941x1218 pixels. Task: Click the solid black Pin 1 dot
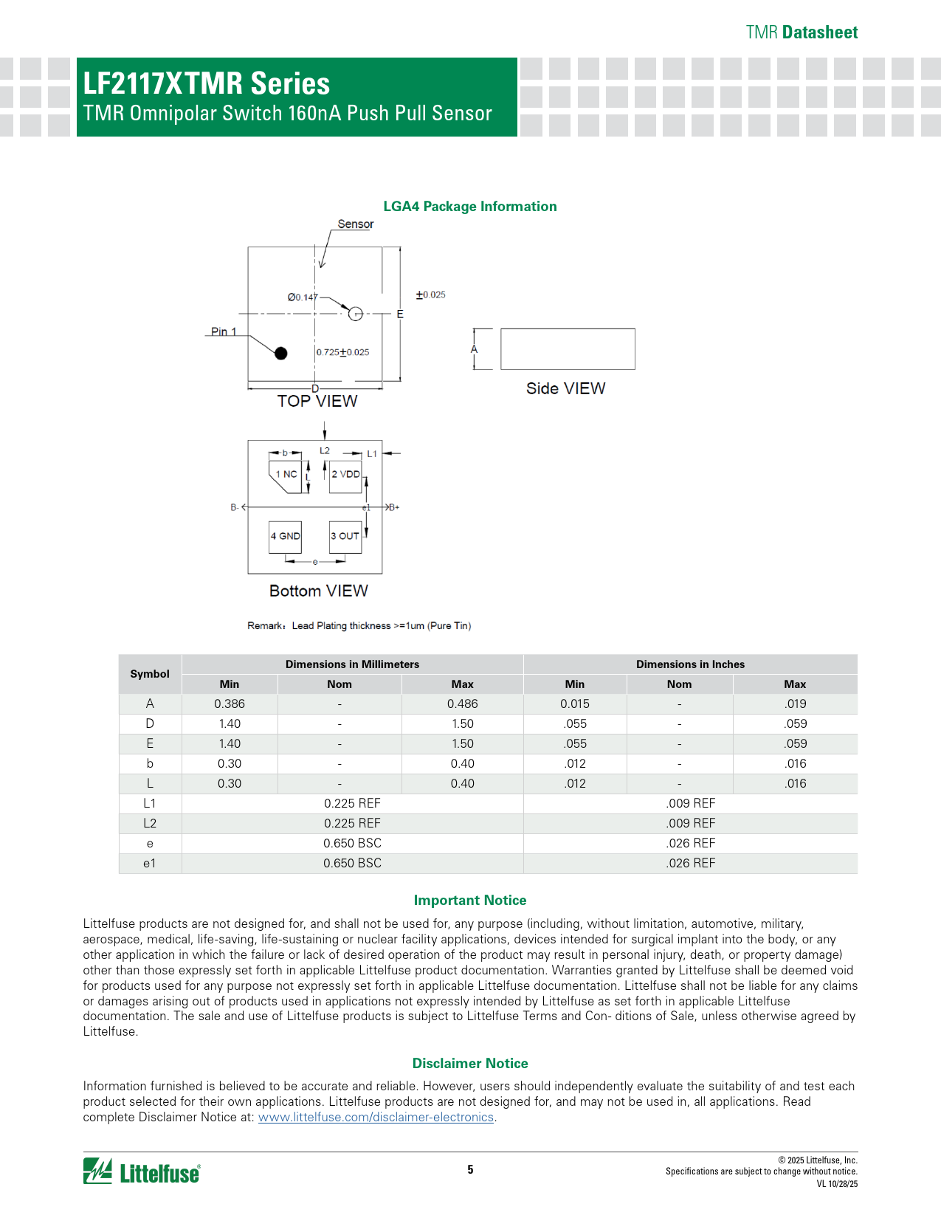pyautogui.click(x=280, y=354)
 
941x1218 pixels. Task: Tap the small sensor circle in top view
pyautogui.click(x=355, y=314)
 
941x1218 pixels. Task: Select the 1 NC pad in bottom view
pyautogui.click(x=286, y=475)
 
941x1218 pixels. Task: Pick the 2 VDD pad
pyautogui.click(x=345, y=475)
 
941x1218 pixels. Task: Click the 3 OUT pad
pyautogui.click(x=345, y=536)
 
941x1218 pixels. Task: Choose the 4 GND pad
pyautogui.click(x=285, y=536)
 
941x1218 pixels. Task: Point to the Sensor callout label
pyautogui.click(x=356, y=224)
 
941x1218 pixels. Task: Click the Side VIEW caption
pyautogui.click(x=565, y=389)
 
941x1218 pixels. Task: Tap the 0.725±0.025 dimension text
pyautogui.click(x=343, y=352)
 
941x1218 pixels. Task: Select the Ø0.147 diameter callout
pyautogui.click(x=303, y=297)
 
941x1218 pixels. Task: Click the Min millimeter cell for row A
pyautogui.click(x=230, y=704)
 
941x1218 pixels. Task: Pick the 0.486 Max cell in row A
pyautogui.click(x=462, y=704)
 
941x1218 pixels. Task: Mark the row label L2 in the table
pyautogui.click(x=150, y=823)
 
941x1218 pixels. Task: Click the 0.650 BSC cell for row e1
pyautogui.click(x=352, y=863)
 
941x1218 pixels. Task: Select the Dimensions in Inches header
pyautogui.click(x=690, y=664)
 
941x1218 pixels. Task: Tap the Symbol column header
pyautogui.click(x=150, y=674)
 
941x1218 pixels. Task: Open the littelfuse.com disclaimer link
pyautogui.click(x=376, y=1117)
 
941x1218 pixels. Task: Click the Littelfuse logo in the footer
pyautogui.click(x=142, y=1171)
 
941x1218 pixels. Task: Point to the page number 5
pyautogui.click(x=470, y=1169)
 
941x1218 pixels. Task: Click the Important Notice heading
pyautogui.click(x=470, y=901)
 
